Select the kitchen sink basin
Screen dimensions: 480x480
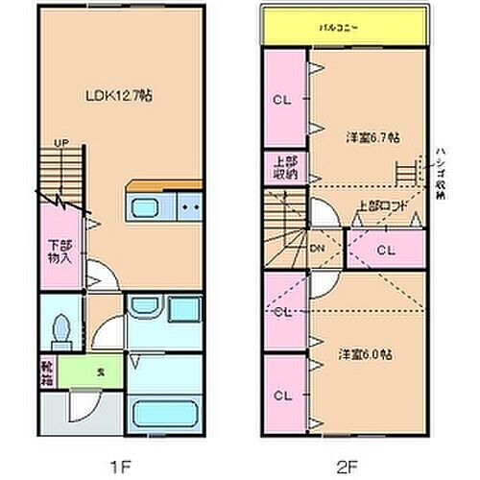coord(146,208)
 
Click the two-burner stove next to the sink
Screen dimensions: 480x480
coord(187,205)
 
